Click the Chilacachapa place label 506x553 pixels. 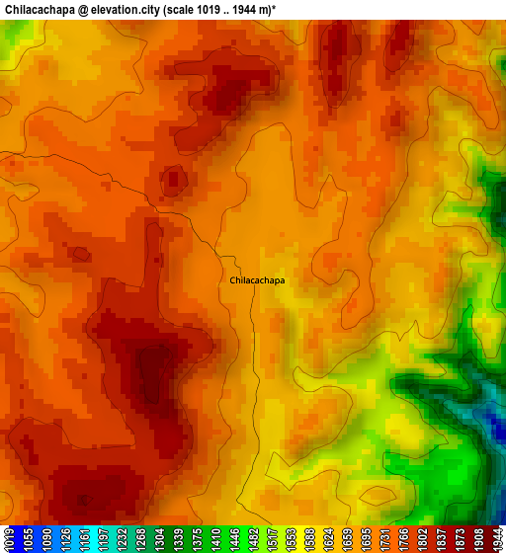pos(257,280)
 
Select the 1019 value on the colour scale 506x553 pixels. pos(9,539)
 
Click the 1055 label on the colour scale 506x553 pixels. pos(27,539)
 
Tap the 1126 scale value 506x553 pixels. pos(61,539)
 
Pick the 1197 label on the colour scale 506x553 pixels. pos(97,539)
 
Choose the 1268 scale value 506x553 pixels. pos(131,539)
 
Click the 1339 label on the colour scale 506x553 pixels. pos(167,539)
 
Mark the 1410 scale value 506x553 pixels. pos(202,539)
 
